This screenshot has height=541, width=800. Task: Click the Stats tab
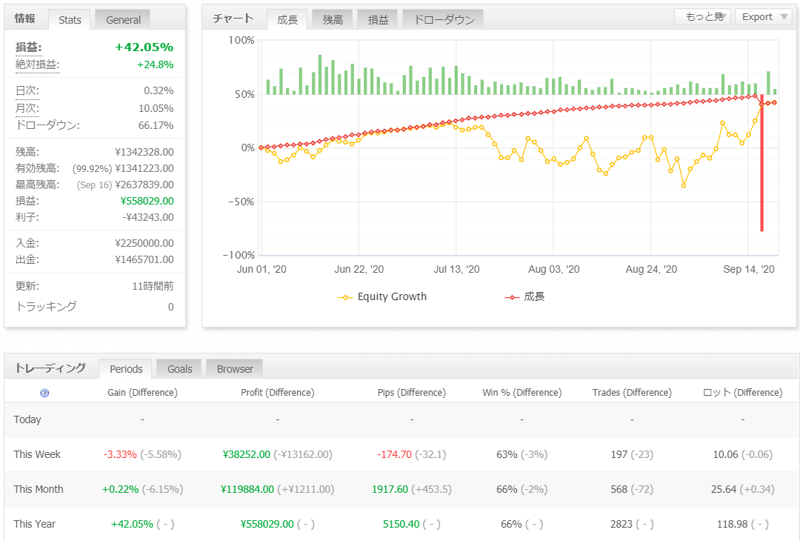[70, 20]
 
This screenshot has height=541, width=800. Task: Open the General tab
[123, 20]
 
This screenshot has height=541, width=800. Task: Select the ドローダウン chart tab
[444, 20]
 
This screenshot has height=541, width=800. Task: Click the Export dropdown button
[764, 17]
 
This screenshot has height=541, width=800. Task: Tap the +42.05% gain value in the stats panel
[144, 47]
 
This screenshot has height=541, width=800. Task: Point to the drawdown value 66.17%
[156, 125]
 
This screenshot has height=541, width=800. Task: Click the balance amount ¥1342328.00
[144, 152]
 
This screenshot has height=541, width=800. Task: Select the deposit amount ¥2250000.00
[144, 243]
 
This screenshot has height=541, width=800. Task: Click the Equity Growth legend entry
[382, 297]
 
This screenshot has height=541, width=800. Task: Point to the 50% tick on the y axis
[244, 94]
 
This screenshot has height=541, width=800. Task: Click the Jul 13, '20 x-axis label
[456, 270]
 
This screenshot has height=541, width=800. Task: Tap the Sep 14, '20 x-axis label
[748, 270]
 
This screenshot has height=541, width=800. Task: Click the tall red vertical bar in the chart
[761, 163]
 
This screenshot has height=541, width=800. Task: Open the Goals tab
[179, 369]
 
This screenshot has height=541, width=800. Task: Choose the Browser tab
[235, 369]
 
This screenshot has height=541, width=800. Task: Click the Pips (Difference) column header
[411, 393]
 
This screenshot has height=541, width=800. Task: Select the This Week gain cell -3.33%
[120, 454]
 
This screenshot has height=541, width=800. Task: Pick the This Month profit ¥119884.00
[247, 489]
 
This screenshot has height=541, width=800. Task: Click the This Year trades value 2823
[621, 524]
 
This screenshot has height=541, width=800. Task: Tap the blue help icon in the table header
[45, 393]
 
